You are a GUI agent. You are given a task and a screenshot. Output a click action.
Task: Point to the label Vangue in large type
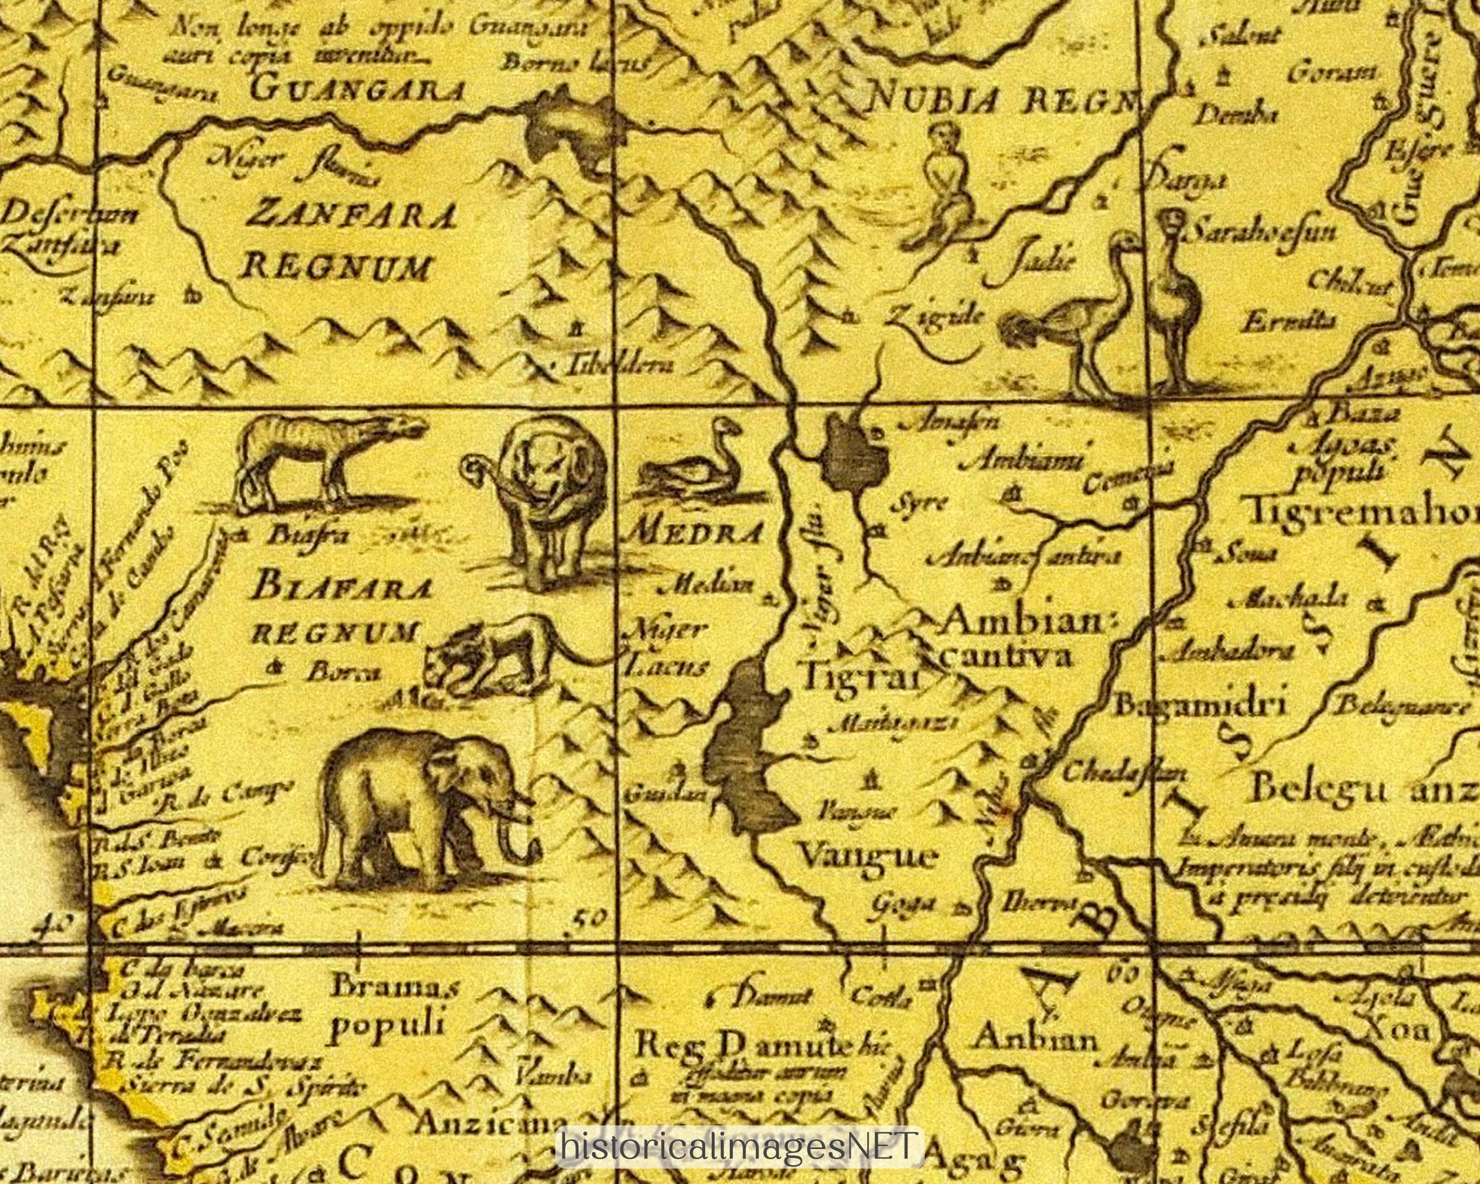coord(868,856)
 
